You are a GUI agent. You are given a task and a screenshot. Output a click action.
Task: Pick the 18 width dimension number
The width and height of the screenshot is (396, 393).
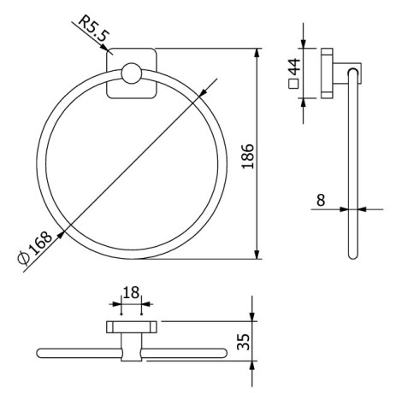[x=130, y=293]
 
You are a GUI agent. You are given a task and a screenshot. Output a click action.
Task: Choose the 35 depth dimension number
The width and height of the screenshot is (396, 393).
[x=242, y=342]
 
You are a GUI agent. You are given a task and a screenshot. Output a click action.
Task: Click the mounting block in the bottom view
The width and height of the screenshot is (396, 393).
[x=130, y=327]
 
